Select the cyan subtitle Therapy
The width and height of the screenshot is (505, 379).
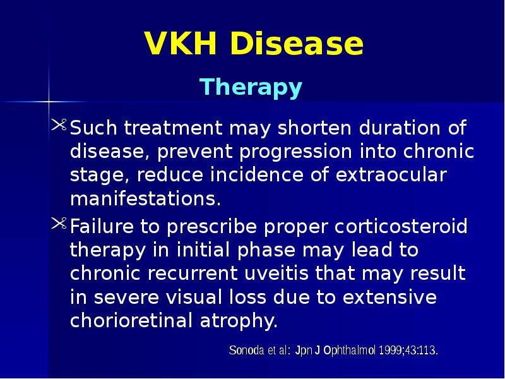pyautogui.click(x=251, y=87)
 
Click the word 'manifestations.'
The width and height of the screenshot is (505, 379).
pyautogui.click(x=146, y=200)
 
